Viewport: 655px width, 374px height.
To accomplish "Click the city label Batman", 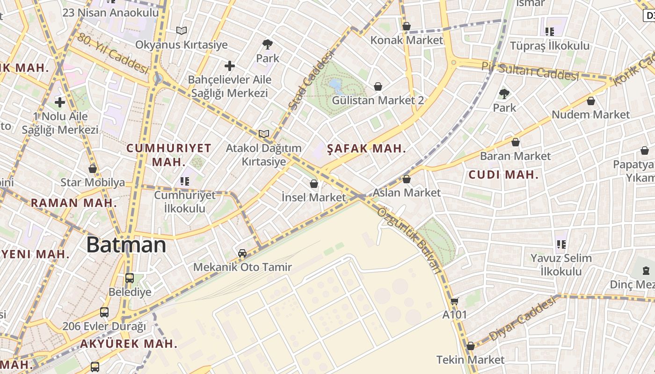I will (126, 245).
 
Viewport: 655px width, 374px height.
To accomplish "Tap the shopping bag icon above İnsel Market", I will (314, 184).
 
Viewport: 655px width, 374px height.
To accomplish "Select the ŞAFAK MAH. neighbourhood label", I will (366, 149).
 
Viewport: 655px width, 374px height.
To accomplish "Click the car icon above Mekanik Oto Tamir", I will (242, 253).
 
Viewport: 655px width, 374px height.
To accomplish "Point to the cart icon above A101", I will (454, 302).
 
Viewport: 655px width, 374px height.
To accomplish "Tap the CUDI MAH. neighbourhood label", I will (503, 175).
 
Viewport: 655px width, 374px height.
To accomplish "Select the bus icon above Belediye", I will (130, 278).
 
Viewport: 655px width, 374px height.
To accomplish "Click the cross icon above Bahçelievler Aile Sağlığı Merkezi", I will (230, 66).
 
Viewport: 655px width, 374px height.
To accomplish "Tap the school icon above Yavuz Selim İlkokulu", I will (561, 244).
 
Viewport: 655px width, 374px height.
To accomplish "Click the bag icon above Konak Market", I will (407, 27).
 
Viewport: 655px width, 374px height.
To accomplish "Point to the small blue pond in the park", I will (335, 85).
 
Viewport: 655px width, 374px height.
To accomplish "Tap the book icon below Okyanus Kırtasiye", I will (182, 31).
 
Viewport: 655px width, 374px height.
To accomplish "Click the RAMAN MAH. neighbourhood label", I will (74, 203).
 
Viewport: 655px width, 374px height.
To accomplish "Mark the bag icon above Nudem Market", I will (591, 101).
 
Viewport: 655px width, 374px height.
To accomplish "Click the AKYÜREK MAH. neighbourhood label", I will (129, 344).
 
